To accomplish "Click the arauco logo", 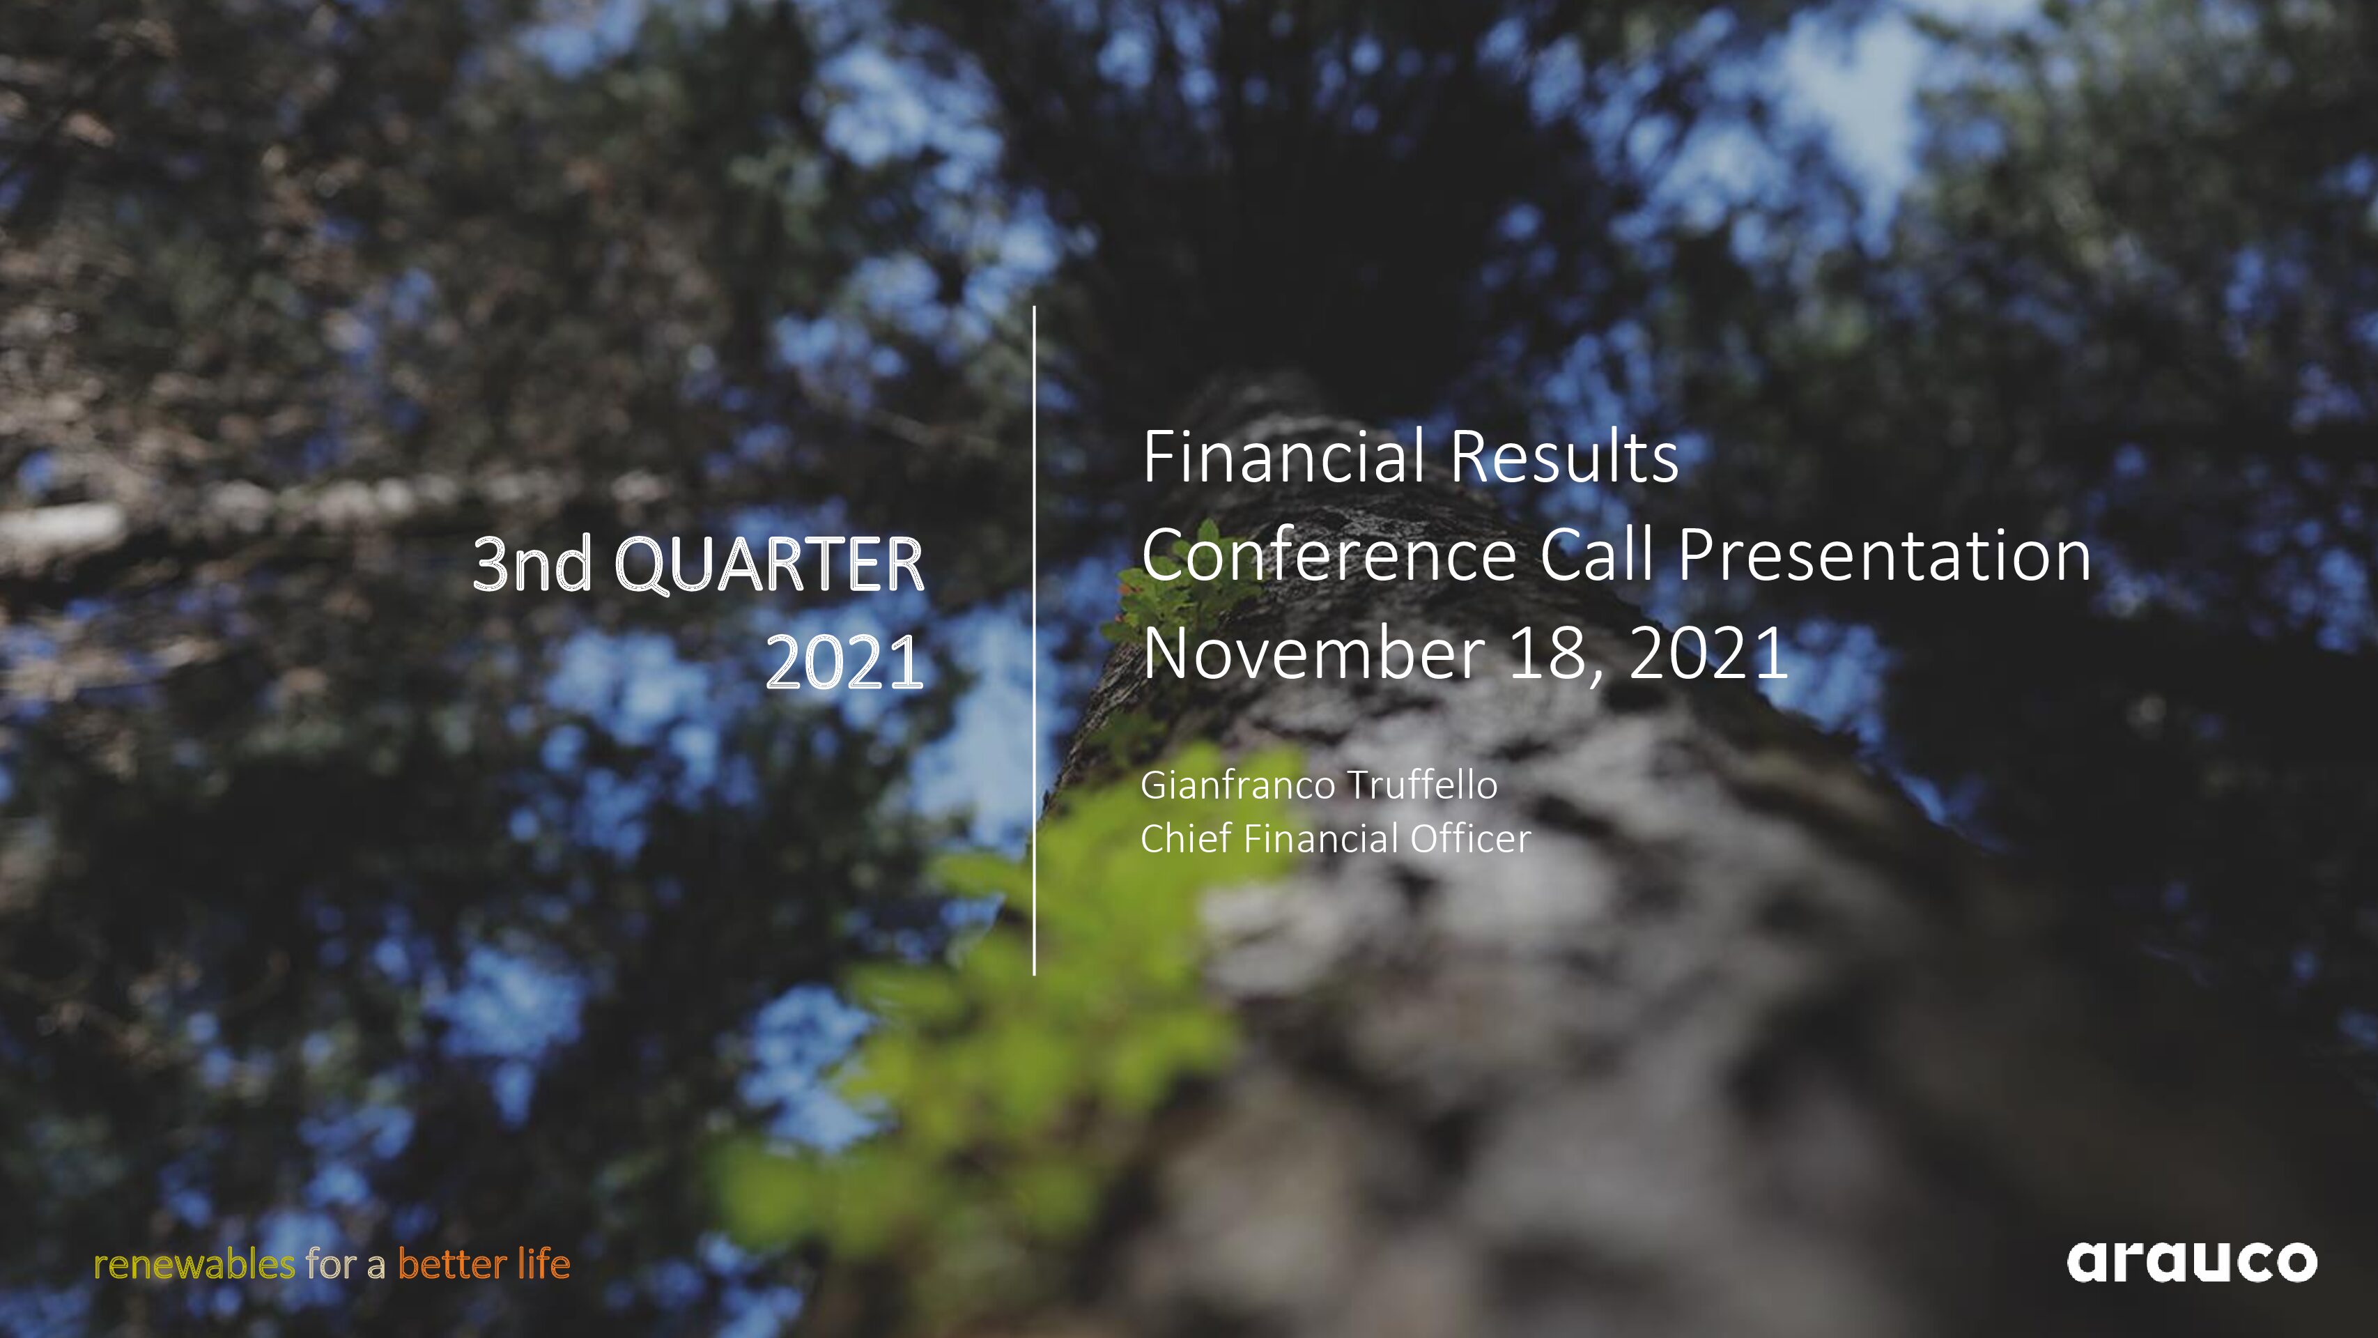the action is tap(2191, 1261).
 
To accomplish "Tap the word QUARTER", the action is tap(769, 564).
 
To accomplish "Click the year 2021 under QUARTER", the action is tap(844, 662).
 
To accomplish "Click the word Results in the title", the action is tap(1564, 457).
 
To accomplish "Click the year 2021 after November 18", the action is tap(1708, 654).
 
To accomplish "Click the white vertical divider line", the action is tap(1034, 640).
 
